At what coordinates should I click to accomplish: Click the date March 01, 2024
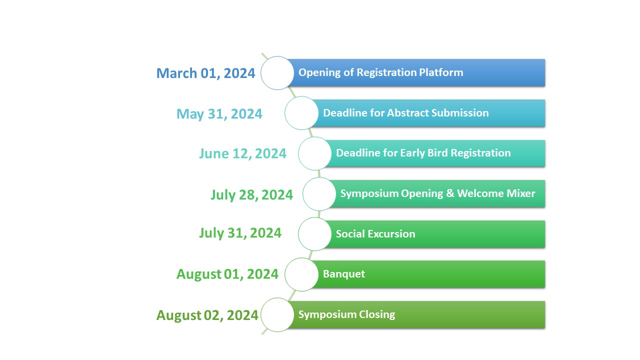pos(205,73)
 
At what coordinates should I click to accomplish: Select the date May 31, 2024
pos(219,113)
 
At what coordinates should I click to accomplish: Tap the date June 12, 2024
pos(242,153)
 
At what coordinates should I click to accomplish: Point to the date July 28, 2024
pos(251,195)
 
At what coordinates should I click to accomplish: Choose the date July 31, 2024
pos(240,233)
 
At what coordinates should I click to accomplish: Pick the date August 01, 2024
pos(227,274)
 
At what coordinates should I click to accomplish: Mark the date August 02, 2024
pos(207,315)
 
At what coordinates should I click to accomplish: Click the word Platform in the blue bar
pos(441,72)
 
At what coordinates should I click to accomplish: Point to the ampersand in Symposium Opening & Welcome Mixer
pos(450,193)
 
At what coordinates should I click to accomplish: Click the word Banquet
pos(344,274)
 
